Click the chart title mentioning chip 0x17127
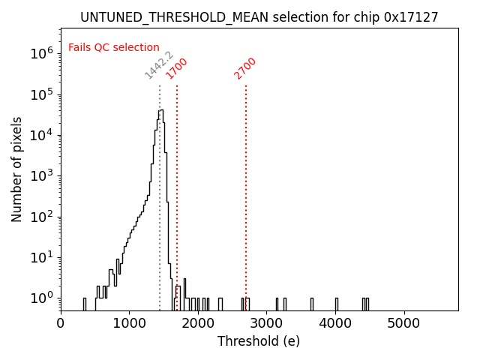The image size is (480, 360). pyautogui.click(x=259, y=17)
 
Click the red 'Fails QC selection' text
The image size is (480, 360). pyautogui.click(x=114, y=48)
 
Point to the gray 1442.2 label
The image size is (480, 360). pyautogui.click(x=159, y=66)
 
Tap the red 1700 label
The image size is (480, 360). pyautogui.click(x=177, y=68)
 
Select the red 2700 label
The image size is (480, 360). pyautogui.click(x=245, y=68)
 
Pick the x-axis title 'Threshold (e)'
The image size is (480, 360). pyautogui.click(x=259, y=341)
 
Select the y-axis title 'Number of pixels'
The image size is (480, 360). pyautogui.click(x=17, y=169)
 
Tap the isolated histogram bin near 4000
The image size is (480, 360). pyautogui.click(x=336, y=303)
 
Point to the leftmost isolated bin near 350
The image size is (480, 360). pyautogui.click(x=85, y=303)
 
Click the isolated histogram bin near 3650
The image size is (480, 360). pyautogui.click(x=312, y=303)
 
